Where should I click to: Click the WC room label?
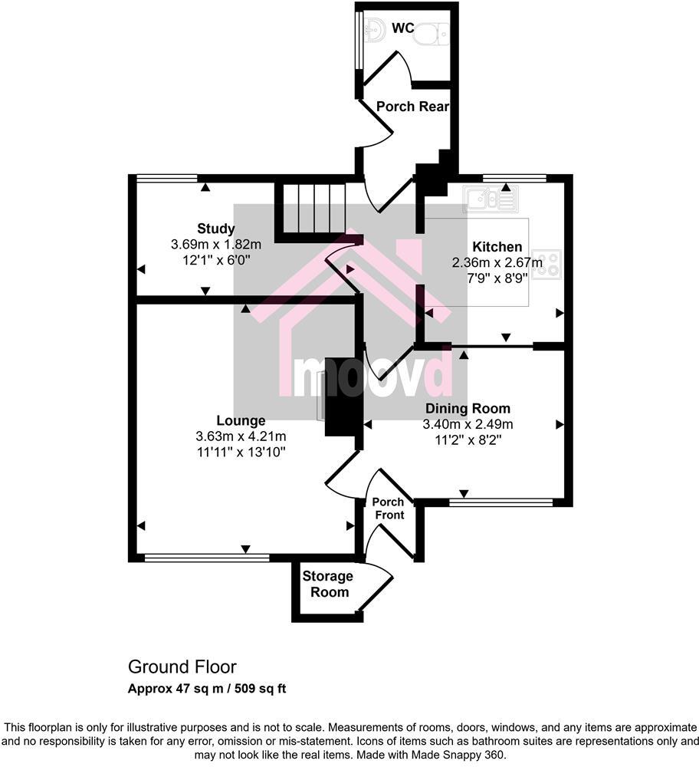coord(403,28)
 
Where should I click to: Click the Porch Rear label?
coord(412,107)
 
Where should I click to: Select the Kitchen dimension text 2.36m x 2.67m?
coord(497,262)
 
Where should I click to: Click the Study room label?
coord(216,229)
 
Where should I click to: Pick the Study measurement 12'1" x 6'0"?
coord(216,260)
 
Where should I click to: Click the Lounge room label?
coord(241,420)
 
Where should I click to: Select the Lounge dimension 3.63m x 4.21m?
coord(241,436)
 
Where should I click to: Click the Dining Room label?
coord(468,408)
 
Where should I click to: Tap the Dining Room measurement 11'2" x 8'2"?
coord(468,439)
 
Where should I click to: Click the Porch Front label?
coord(389,509)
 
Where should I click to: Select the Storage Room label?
coord(327,584)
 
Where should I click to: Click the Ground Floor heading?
coord(182,667)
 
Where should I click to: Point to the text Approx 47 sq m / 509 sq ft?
coord(206,688)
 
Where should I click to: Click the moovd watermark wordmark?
coord(375,376)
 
